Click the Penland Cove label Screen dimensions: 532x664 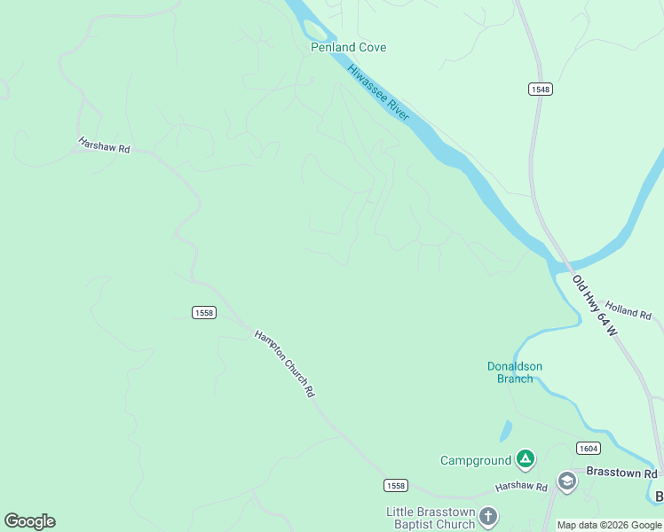(x=348, y=47)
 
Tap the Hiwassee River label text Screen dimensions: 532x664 (x=378, y=92)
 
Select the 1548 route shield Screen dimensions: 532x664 (x=540, y=90)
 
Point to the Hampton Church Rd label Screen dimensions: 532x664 (x=285, y=364)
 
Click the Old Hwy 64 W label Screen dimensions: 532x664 (x=594, y=304)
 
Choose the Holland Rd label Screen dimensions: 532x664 (x=628, y=311)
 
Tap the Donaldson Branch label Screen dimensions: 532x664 (x=515, y=372)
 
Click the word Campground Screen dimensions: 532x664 (x=476, y=460)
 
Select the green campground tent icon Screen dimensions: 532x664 (x=526, y=459)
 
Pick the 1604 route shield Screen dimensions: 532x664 (x=588, y=449)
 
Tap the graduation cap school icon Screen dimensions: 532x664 (x=566, y=481)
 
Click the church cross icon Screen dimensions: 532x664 (x=488, y=516)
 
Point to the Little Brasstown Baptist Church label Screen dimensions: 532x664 (x=431, y=518)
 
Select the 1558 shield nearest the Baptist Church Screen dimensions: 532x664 (x=396, y=485)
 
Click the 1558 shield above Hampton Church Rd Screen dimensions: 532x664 (x=203, y=311)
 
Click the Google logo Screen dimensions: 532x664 (x=29, y=521)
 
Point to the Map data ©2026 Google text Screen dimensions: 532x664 (x=609, y=525)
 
